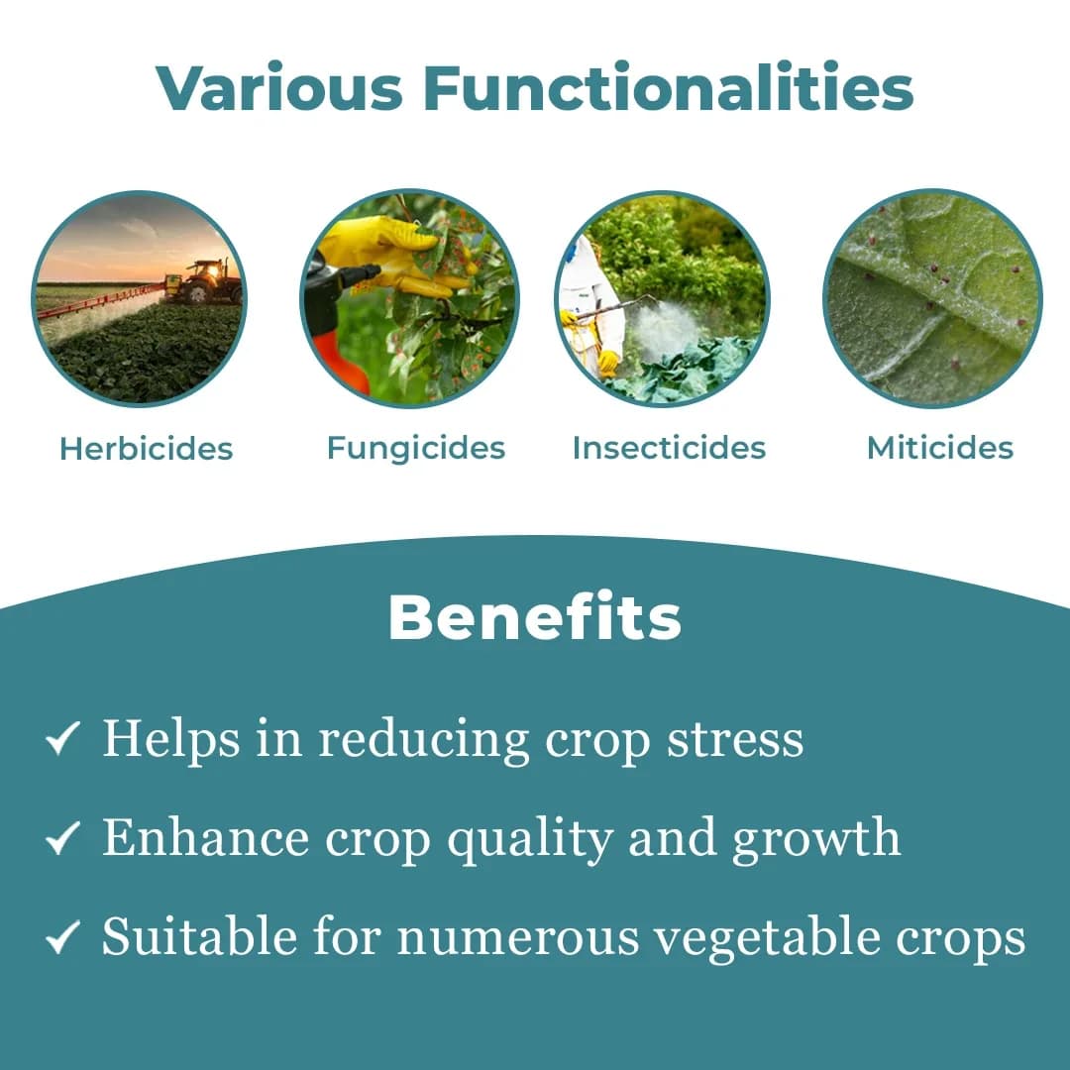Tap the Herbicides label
click(x=146, y=449)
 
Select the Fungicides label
click(x=416, y=448)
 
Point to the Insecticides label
click(x=669, y=448)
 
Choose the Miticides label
click(x=939, y=448)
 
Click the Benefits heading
click(x=535, y=617)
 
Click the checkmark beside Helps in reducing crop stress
click(x=62, y=740)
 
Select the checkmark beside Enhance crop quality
click(x=62, y=840)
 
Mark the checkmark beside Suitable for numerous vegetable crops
click(x=62, y=938)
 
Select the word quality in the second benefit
click(x=530, y=840)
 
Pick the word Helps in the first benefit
click(x=171, y=739)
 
